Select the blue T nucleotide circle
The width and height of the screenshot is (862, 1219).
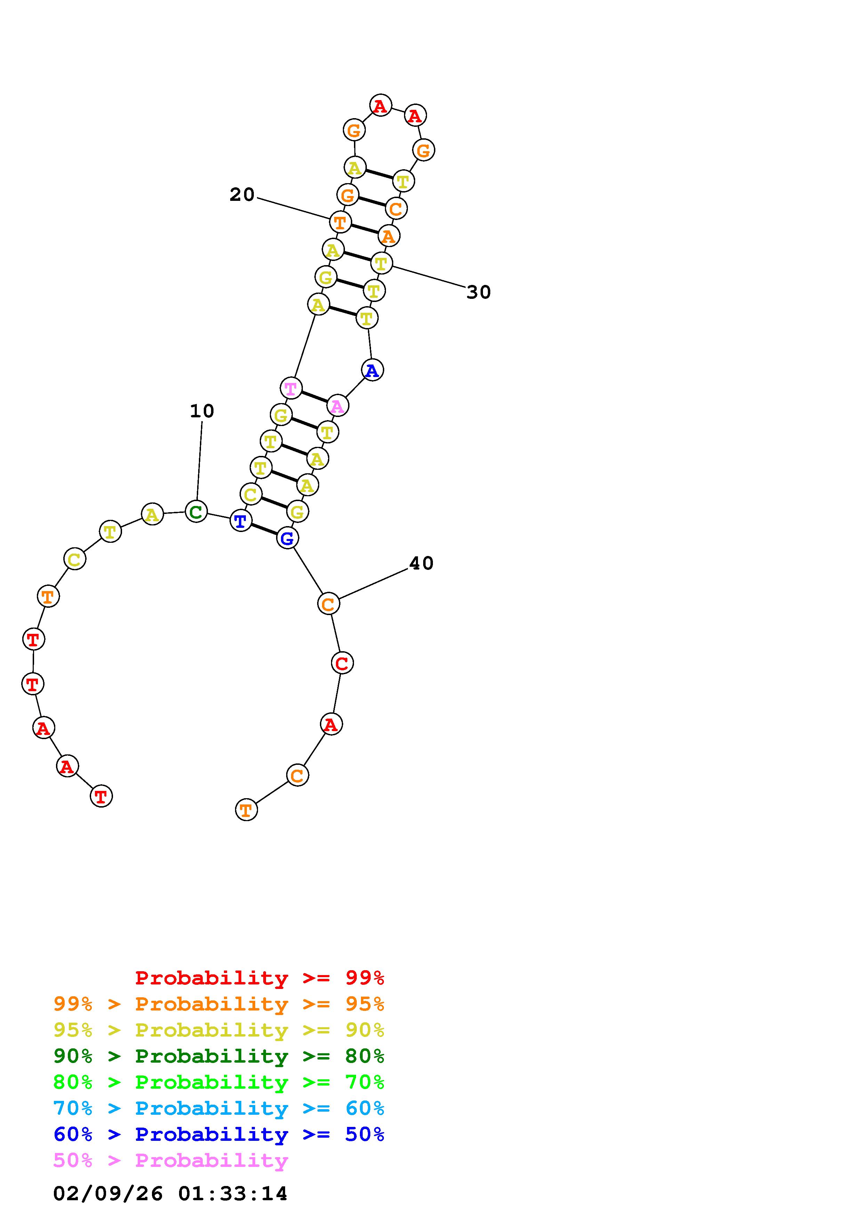point(241,521)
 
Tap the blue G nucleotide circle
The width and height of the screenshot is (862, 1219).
point(287,538)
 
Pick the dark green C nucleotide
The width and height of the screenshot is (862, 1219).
point(196,512)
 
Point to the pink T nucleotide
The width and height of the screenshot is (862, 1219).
point(290,388)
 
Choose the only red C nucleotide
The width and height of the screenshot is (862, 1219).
point(342,663)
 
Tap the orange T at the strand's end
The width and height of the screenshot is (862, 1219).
point(246,810)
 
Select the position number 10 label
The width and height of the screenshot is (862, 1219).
point(202,411)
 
